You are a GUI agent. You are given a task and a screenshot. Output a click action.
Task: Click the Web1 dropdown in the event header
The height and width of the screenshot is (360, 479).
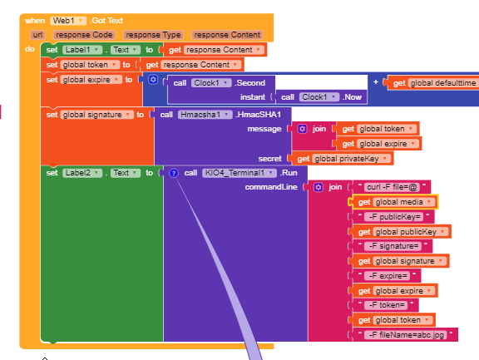point(68,21)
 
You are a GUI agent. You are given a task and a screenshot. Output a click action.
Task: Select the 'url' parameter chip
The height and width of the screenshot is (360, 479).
point(37,35)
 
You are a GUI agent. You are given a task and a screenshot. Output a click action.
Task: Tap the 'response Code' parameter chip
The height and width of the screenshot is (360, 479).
point(84,35)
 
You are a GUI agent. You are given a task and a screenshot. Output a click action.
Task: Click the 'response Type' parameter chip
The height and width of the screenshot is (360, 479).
point(153,35)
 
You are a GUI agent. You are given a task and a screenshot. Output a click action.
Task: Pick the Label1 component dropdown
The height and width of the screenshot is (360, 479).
point(82,50)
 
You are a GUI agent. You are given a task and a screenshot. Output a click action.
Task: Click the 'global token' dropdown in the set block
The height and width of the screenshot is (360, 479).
point(90,65)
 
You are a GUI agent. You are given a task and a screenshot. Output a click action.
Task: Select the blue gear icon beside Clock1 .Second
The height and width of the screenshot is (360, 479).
point(153,80)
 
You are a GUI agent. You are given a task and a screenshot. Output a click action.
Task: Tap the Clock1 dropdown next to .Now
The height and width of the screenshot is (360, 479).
point(319,97)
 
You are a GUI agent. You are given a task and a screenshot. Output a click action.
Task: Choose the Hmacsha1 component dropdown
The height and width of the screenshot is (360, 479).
point(205,115)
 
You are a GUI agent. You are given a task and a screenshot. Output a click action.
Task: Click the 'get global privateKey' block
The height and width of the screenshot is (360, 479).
point(342,159)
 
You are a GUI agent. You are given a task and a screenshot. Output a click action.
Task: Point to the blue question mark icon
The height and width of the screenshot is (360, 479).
point(174,173)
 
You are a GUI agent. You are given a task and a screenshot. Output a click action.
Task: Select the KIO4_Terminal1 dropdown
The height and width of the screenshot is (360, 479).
point(239,173)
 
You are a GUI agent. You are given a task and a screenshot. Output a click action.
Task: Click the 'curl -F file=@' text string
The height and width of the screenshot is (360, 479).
point(392,187)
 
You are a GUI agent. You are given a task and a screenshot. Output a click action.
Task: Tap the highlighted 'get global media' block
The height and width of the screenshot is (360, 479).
point(395,202)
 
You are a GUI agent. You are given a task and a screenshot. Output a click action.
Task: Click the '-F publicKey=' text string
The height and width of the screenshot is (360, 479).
point(394,217)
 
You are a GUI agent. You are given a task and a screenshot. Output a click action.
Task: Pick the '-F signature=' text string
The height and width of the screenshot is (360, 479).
point(393,246)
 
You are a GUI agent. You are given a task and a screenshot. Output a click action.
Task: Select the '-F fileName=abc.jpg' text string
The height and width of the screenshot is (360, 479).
point(406,335)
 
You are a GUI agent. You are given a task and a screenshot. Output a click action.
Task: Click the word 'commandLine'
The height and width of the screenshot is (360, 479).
point(271,187)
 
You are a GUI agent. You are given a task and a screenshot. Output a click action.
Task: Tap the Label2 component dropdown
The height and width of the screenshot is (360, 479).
point(82,173)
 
